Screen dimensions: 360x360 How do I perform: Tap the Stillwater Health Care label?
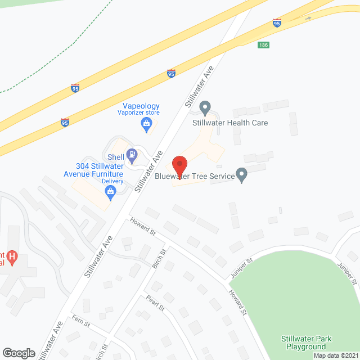[230, 123]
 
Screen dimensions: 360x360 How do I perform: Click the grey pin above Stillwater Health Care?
[205, 107]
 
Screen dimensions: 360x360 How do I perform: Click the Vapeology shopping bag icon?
[147, 124]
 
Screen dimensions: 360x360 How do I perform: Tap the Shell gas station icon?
[132, 153]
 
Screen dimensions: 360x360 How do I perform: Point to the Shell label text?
[115, 157]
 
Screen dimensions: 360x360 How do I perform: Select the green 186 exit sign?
[264, 45]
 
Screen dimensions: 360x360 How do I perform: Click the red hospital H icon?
[12, 258]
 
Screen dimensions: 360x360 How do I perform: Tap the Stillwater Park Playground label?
[307, 343]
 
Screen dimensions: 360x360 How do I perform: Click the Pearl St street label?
[155, 303]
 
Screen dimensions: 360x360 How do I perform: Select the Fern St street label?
[82, 319]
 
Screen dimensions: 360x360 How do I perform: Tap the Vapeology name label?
[141, 106]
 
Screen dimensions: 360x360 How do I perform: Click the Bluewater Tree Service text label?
[194, 176]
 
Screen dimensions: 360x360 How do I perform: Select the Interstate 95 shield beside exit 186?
[277, 22]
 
